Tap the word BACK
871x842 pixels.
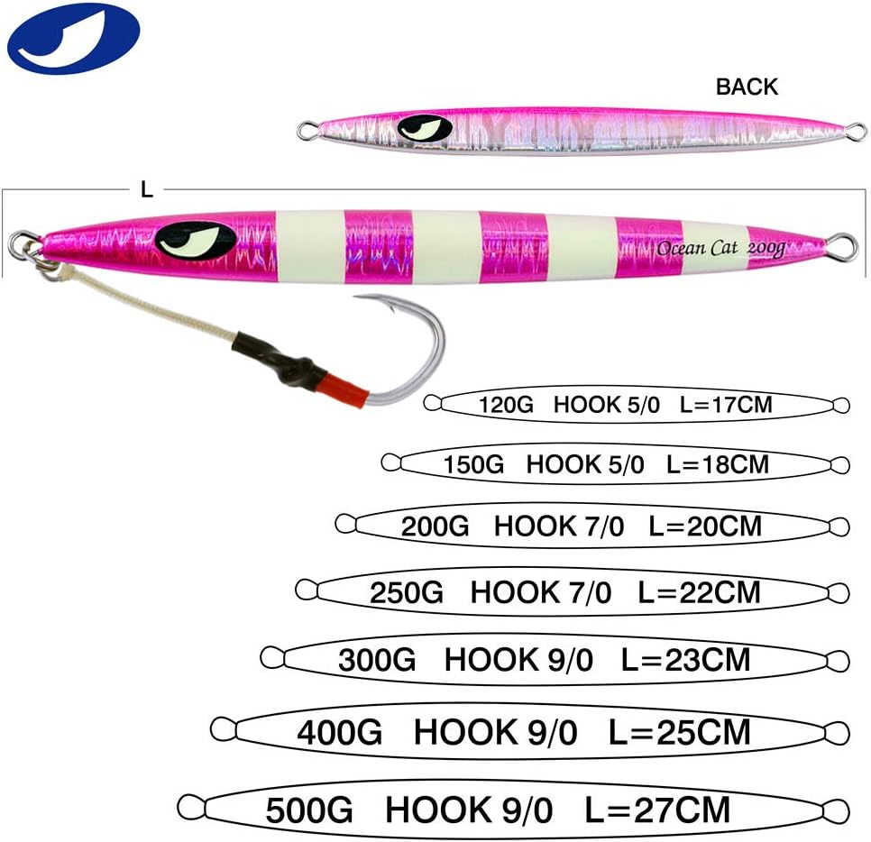[x=746, y=87]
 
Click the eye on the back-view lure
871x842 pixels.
[x=424, y=129]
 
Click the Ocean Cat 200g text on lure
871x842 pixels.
[x=720, y=248]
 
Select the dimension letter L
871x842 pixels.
[x=147, y=189]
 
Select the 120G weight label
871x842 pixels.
[x=506, y=405]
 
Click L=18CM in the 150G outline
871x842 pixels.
[x=717, y=464]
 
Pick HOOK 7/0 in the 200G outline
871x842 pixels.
[x=558, y=526]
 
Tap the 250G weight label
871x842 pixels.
[x=406, y=592]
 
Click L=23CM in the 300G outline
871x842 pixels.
[x=685, y=660]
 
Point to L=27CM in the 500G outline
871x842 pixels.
[x=657, y=810]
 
